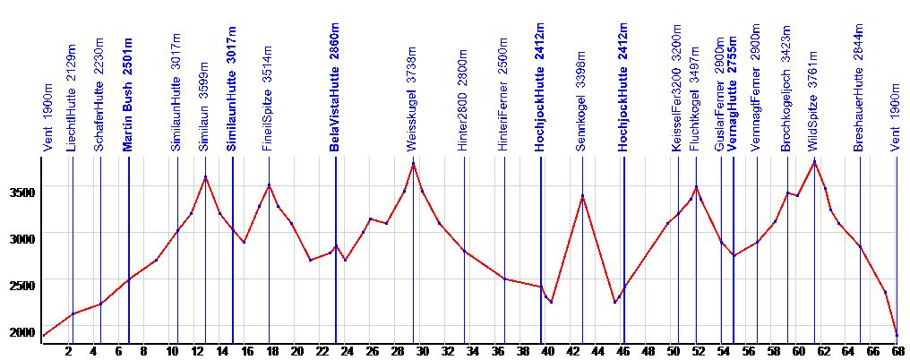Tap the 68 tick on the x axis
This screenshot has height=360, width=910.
[897, 351]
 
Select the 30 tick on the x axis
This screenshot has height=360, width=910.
[422, 351]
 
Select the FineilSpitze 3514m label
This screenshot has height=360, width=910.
[267, 111]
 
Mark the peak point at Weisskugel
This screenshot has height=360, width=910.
[413, 163]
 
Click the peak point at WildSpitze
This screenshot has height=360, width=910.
[814, 161]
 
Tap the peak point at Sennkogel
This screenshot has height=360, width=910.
[582, 195]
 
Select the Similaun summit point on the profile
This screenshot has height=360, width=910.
[205, 177]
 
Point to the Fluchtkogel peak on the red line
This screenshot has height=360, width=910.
[696, 186]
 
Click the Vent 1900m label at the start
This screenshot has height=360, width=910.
[47, 119]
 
